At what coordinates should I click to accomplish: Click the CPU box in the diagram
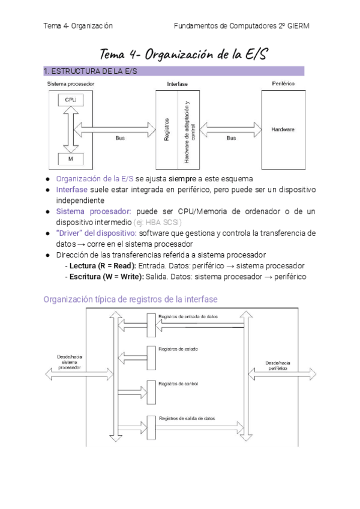[x=70, y=100]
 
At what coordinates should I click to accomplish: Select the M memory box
[x=70, y=160]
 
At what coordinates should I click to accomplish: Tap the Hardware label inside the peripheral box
[x=283, y=129]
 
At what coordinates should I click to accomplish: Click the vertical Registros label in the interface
[x=166, y=129]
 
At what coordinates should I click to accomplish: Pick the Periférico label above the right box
[x=283, y=83]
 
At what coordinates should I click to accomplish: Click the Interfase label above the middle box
[x=177, y=84]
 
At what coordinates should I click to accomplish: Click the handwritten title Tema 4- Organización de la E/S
[x=183, y=54]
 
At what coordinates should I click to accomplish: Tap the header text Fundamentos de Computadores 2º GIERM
[x=242, y=26]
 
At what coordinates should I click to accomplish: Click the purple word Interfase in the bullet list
[x=72, y=190]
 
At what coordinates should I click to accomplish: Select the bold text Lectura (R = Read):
[x=103, y=265]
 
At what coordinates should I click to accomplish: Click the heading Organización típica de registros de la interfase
[x=130, y=299]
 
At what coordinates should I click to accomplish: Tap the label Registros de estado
[x=178, y=349]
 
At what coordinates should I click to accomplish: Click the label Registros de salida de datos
[x=187, y=418]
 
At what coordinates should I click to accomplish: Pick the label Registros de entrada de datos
[x=188, y=316]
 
